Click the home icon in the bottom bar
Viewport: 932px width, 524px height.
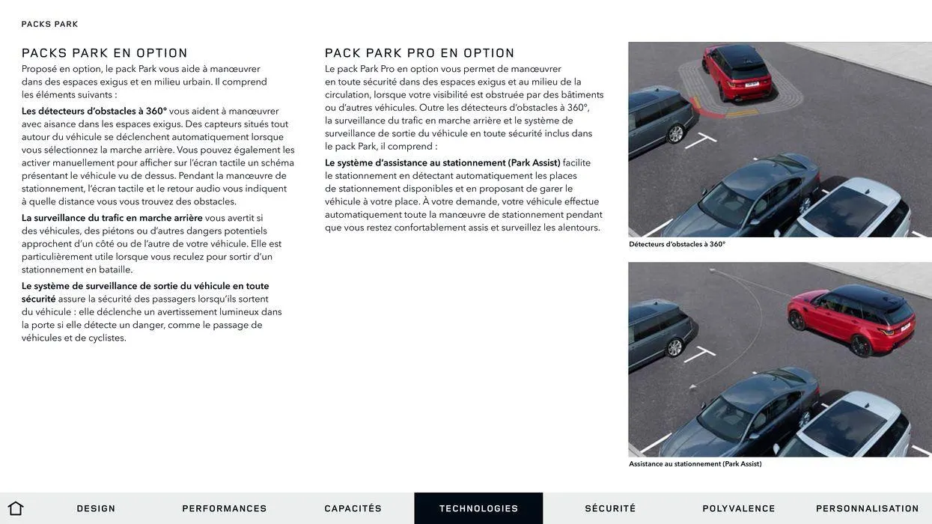(16, 508)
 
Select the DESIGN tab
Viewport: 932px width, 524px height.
(96, 508)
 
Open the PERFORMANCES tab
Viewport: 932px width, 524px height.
(225, 508)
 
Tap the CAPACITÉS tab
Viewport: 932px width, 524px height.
(353, 508)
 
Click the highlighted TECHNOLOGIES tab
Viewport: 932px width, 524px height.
(478, 508)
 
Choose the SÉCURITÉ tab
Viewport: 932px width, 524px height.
(610, 508)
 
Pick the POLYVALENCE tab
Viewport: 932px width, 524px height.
(739, 508)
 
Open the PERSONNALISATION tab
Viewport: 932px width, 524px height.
(867, 508)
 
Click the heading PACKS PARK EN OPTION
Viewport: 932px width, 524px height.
(105, 53)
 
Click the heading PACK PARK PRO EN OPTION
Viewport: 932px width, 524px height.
(420, 53)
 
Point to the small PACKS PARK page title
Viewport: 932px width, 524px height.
(49, 24)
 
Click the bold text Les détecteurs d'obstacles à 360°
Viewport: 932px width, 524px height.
(94, 112)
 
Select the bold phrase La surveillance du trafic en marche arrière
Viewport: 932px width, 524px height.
(112, 218)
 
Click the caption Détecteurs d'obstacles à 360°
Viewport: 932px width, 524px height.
(677, 244)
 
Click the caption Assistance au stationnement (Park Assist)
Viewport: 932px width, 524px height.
(695, 464)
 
